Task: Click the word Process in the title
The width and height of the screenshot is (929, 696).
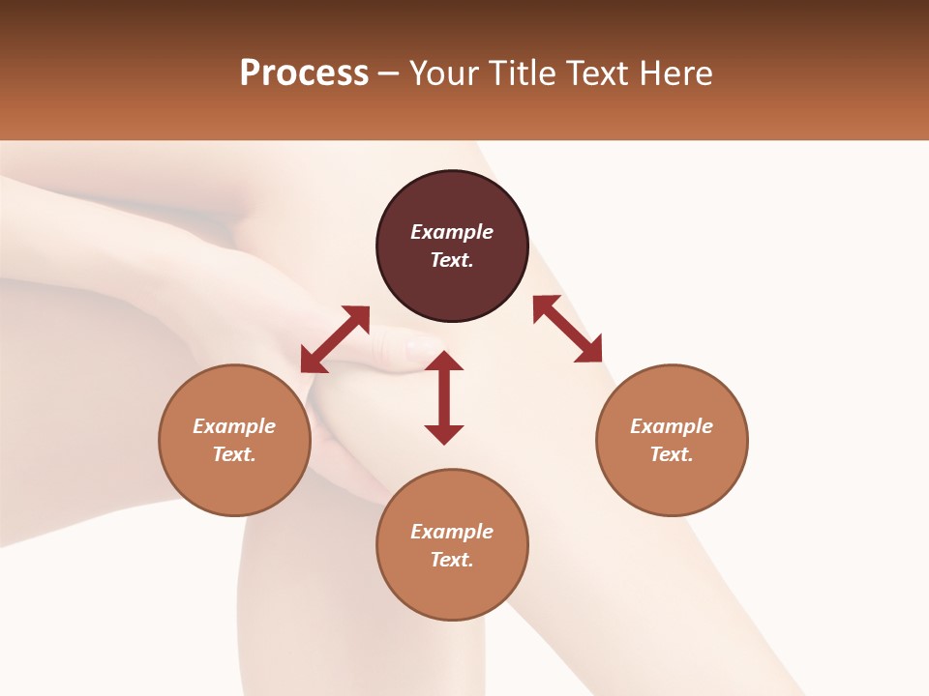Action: coord(304,73)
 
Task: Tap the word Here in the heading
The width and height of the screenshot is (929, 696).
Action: coord(674,73)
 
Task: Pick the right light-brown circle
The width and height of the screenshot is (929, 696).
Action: coord(672,483)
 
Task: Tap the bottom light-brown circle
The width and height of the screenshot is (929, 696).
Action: coord(452,588)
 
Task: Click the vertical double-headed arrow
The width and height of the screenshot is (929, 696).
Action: coord(444,397)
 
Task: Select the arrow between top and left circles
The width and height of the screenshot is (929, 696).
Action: coord(335,338)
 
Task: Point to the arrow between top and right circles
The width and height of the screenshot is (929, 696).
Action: coord(568,329)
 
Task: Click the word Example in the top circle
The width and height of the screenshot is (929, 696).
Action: coord(452,232)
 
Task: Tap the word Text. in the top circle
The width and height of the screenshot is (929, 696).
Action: coord(452,260)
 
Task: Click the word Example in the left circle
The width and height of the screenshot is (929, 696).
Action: coord(234,426)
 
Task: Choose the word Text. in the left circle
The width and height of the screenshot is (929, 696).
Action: coord(234,454)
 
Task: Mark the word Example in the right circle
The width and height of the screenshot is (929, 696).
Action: coord(672,426)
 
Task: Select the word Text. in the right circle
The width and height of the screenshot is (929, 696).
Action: coord(672,454)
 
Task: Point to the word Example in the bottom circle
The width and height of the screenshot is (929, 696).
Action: coord(452,532)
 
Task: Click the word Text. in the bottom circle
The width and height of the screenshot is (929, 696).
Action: coord(452,560)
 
